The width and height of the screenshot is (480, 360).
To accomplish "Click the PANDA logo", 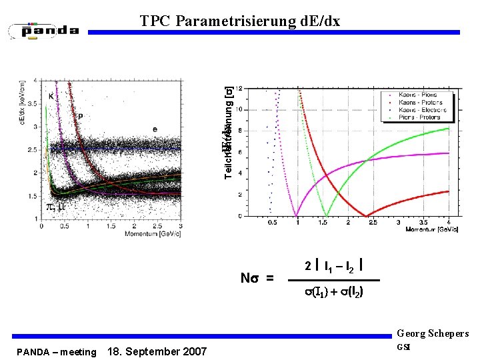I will click(44, 30).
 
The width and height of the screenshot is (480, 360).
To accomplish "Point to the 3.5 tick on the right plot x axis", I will click(423, 222).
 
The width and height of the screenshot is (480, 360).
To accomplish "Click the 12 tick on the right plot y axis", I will click(239, 89).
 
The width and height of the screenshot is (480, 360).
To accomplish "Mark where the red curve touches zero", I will click(366, 215).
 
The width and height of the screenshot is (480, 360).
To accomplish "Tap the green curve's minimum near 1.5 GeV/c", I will click(325, 215).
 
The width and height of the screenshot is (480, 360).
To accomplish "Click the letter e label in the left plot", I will click(155, 129).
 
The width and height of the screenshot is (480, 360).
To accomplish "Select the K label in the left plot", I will click(51, 97).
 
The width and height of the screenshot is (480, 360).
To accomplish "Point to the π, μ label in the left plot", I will click(55, 207).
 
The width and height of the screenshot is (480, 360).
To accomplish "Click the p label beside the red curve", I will click(81, 115).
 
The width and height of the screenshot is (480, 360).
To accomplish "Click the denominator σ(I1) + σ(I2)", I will click(333, 293).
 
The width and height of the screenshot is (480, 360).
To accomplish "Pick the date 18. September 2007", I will click(157, 351).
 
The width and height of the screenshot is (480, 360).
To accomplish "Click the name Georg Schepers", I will click(432, 334).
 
